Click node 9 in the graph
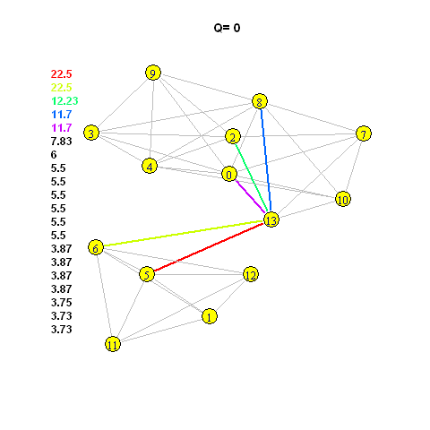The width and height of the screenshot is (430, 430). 153,73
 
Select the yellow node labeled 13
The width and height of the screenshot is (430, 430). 271,220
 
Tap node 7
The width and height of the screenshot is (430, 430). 364,133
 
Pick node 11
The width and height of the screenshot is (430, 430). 113,344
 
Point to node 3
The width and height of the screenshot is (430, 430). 91,133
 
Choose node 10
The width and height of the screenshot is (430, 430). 343,199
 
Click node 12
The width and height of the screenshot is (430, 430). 251,274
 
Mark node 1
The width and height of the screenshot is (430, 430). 210,316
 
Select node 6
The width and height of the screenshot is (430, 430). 96,247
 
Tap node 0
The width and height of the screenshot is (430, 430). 229,174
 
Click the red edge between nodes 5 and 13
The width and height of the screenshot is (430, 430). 209,247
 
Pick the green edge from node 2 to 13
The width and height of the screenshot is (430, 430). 251,177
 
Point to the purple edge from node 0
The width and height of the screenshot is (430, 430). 250,196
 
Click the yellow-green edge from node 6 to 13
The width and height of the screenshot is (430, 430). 184,234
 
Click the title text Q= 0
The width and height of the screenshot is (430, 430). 227,28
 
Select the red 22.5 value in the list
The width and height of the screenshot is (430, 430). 61,74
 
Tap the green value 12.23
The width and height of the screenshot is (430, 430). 64,101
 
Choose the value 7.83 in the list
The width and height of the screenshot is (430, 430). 61,142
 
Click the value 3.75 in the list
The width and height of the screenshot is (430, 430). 61,303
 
